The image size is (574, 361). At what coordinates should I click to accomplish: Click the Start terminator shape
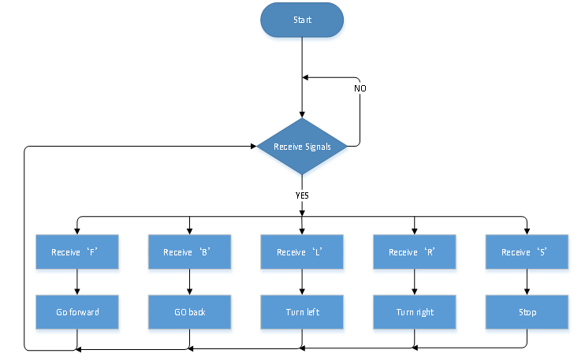click(302, 20)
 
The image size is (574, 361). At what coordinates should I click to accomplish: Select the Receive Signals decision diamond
click(302, 147)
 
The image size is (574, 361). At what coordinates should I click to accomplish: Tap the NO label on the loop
click(360, 88)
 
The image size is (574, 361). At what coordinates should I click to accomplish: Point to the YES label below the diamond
click(302, 195)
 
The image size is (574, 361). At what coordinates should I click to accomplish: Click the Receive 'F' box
click(77, 252)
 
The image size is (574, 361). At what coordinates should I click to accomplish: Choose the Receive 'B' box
click(189, 252)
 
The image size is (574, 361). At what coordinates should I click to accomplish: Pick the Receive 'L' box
click(302, 252)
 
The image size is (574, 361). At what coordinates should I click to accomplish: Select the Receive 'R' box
click(415, 252)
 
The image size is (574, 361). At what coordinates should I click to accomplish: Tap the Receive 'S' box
click(527, 252)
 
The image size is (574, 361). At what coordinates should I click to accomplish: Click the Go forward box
click(77, 312)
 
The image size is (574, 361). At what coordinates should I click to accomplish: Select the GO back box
click(189, 312)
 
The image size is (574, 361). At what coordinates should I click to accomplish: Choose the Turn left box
click(302, 312)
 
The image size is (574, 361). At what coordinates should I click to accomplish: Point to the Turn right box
click(415, 312)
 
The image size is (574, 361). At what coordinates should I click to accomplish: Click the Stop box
click(527, 312)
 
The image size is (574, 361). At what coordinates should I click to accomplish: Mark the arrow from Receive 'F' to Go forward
click(77, 282)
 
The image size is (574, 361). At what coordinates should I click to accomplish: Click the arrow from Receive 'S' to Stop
click(527, 282)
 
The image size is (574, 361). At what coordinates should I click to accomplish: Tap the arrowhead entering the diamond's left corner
click(253, 147)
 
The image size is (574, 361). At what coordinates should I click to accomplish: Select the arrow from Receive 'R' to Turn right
click(415, 282)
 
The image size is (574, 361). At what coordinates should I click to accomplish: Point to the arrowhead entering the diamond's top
click(302, 114)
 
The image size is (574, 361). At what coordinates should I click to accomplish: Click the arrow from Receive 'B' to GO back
click(189, 282)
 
